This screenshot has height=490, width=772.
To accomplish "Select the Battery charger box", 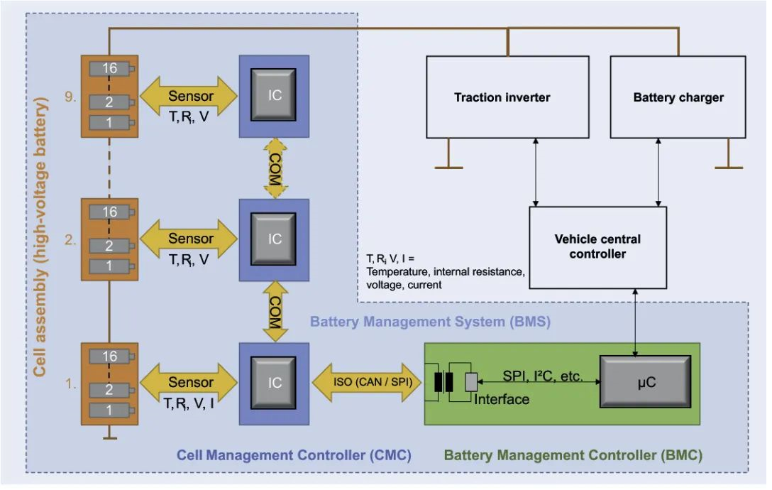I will (x=678, y=97).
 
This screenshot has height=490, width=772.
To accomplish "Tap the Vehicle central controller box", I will (x=597, y=246).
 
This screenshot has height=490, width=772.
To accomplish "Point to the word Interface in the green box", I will (x=501, y=400).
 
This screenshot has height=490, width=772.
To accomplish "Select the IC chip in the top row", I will (x=275, y=94).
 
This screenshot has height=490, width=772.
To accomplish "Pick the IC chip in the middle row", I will (x=275, y=239).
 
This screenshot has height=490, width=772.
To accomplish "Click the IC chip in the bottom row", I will (x=275, y=383).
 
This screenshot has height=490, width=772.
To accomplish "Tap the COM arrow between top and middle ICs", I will (x=275, y=168).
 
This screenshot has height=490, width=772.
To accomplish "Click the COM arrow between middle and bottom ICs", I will (x=275, y=311).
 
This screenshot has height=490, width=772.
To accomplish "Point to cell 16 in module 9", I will (x=109, y=69).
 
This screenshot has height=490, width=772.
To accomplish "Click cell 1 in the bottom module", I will (x=109, y=410).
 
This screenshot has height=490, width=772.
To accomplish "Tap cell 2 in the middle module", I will (x=109, y=246).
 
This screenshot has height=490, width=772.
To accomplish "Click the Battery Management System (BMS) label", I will (x=430, y=321).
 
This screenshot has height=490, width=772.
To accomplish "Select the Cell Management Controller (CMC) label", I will (x=294, y=454).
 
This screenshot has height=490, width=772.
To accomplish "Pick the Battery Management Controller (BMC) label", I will (x=573, y=455).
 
